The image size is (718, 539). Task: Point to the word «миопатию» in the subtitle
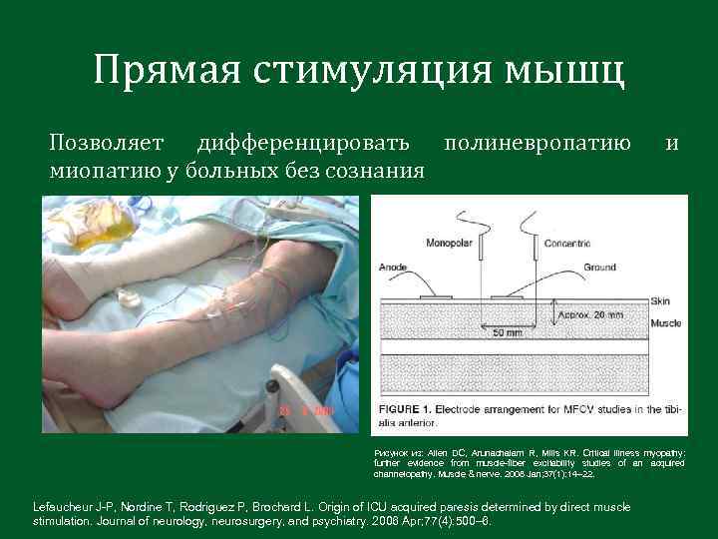point(99,171)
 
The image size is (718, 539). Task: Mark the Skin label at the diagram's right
point(659,299)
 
